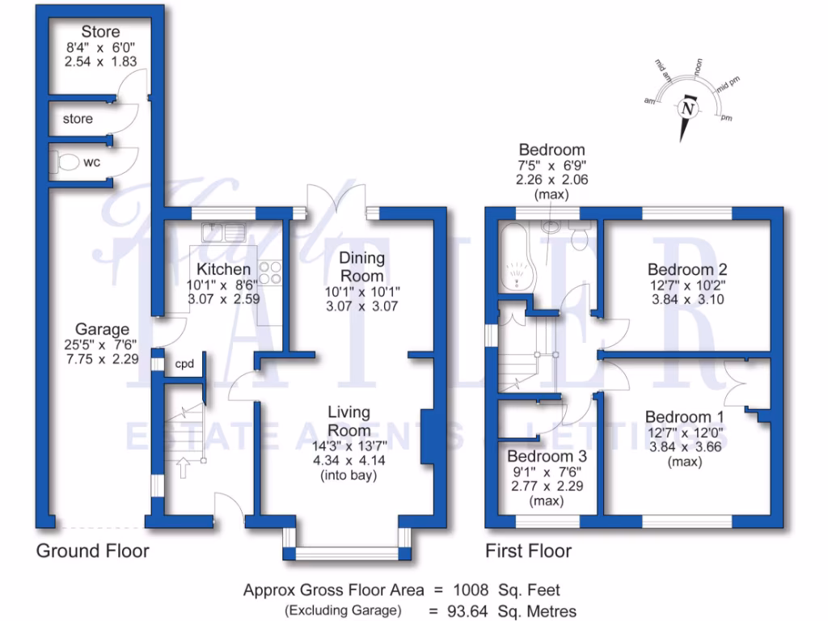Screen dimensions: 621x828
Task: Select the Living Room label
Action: point(349,421)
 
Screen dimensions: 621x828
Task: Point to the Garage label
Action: point(102,330)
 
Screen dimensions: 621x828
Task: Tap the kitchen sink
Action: point(224,232)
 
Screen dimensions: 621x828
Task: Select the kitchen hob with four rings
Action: point(270,273)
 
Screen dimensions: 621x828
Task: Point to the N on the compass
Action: point(688,108)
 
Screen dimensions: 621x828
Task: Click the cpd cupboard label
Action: point(185,365)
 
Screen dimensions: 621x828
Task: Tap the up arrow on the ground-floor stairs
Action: point(182,467)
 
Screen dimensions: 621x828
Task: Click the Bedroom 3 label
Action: point(547,457)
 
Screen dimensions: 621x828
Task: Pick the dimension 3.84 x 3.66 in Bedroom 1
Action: point(684,446)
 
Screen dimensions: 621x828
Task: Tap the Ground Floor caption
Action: point(92,551)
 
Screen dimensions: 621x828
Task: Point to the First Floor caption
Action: point(528,551)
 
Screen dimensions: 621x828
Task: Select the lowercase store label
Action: point(78,119)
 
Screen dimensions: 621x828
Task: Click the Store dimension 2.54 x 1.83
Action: point(100,61)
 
